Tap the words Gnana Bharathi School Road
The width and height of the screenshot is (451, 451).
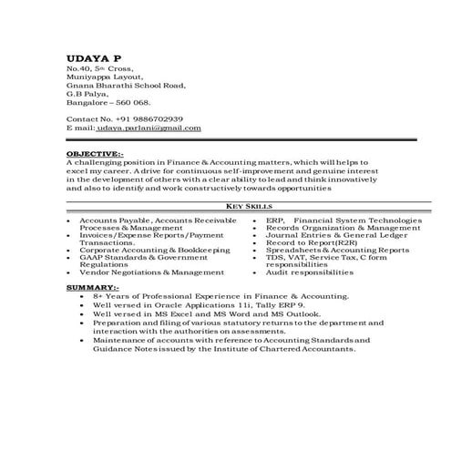(126, 86)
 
